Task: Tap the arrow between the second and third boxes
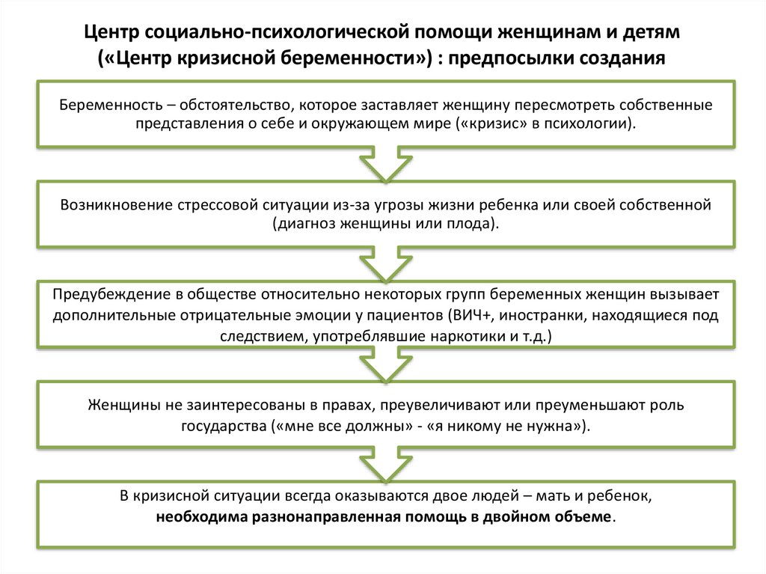click(x=382, y=263)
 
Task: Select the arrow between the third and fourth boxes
click(x=382, y=364)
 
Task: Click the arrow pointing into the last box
click(x=382, y=464)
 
